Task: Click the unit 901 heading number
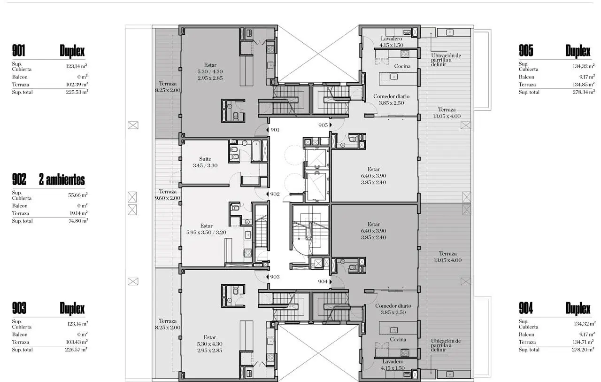pos(18,51)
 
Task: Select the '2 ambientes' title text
pos(62,179)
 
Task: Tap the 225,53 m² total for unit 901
pos(77,92)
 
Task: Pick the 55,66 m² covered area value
pos(78,195)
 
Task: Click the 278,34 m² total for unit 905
pos(584,92)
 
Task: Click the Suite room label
pos(205,159)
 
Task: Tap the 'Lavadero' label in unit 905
pos(391,39)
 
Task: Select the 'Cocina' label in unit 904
pos(398,339)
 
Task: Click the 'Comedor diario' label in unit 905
pos(391,96)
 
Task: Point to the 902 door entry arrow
pos(267,194)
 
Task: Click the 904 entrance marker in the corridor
pos(331,281)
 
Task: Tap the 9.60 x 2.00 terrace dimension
pos(168,198)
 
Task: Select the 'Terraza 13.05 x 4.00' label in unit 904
pos(447,257)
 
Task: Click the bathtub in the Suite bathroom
pos(256,151)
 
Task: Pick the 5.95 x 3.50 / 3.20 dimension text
pos(206,233)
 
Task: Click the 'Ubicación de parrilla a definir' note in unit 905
pos(446,60)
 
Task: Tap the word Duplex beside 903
pos(72,309)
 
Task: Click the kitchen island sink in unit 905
pos(393,77)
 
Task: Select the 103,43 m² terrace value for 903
pos(77,342)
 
